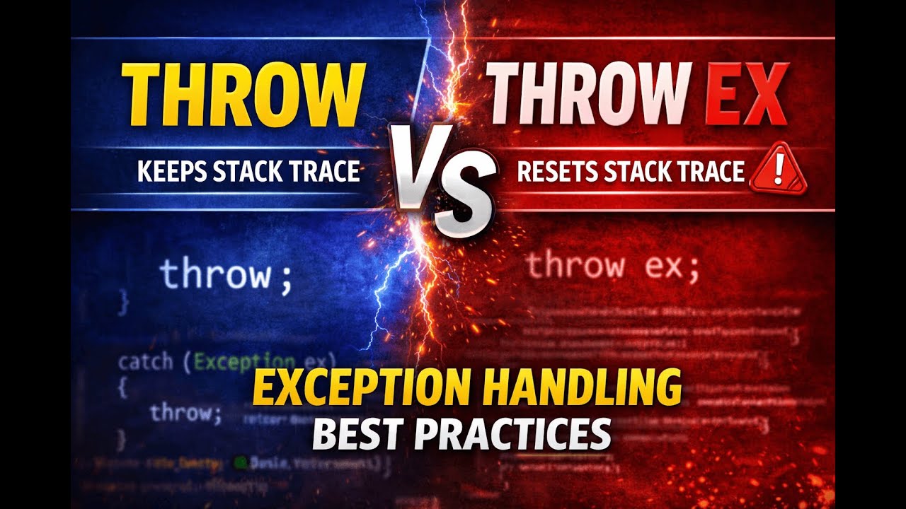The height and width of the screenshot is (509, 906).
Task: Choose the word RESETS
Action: pos(556,172)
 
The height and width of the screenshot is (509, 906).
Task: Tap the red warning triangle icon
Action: pos(777,170)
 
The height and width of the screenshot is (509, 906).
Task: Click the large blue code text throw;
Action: pos(225,274)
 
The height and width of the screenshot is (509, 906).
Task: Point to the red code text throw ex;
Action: pos(612,267)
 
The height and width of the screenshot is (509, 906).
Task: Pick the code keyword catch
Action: pos(145,362)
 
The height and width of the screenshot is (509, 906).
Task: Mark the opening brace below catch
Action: pos(122,387)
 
